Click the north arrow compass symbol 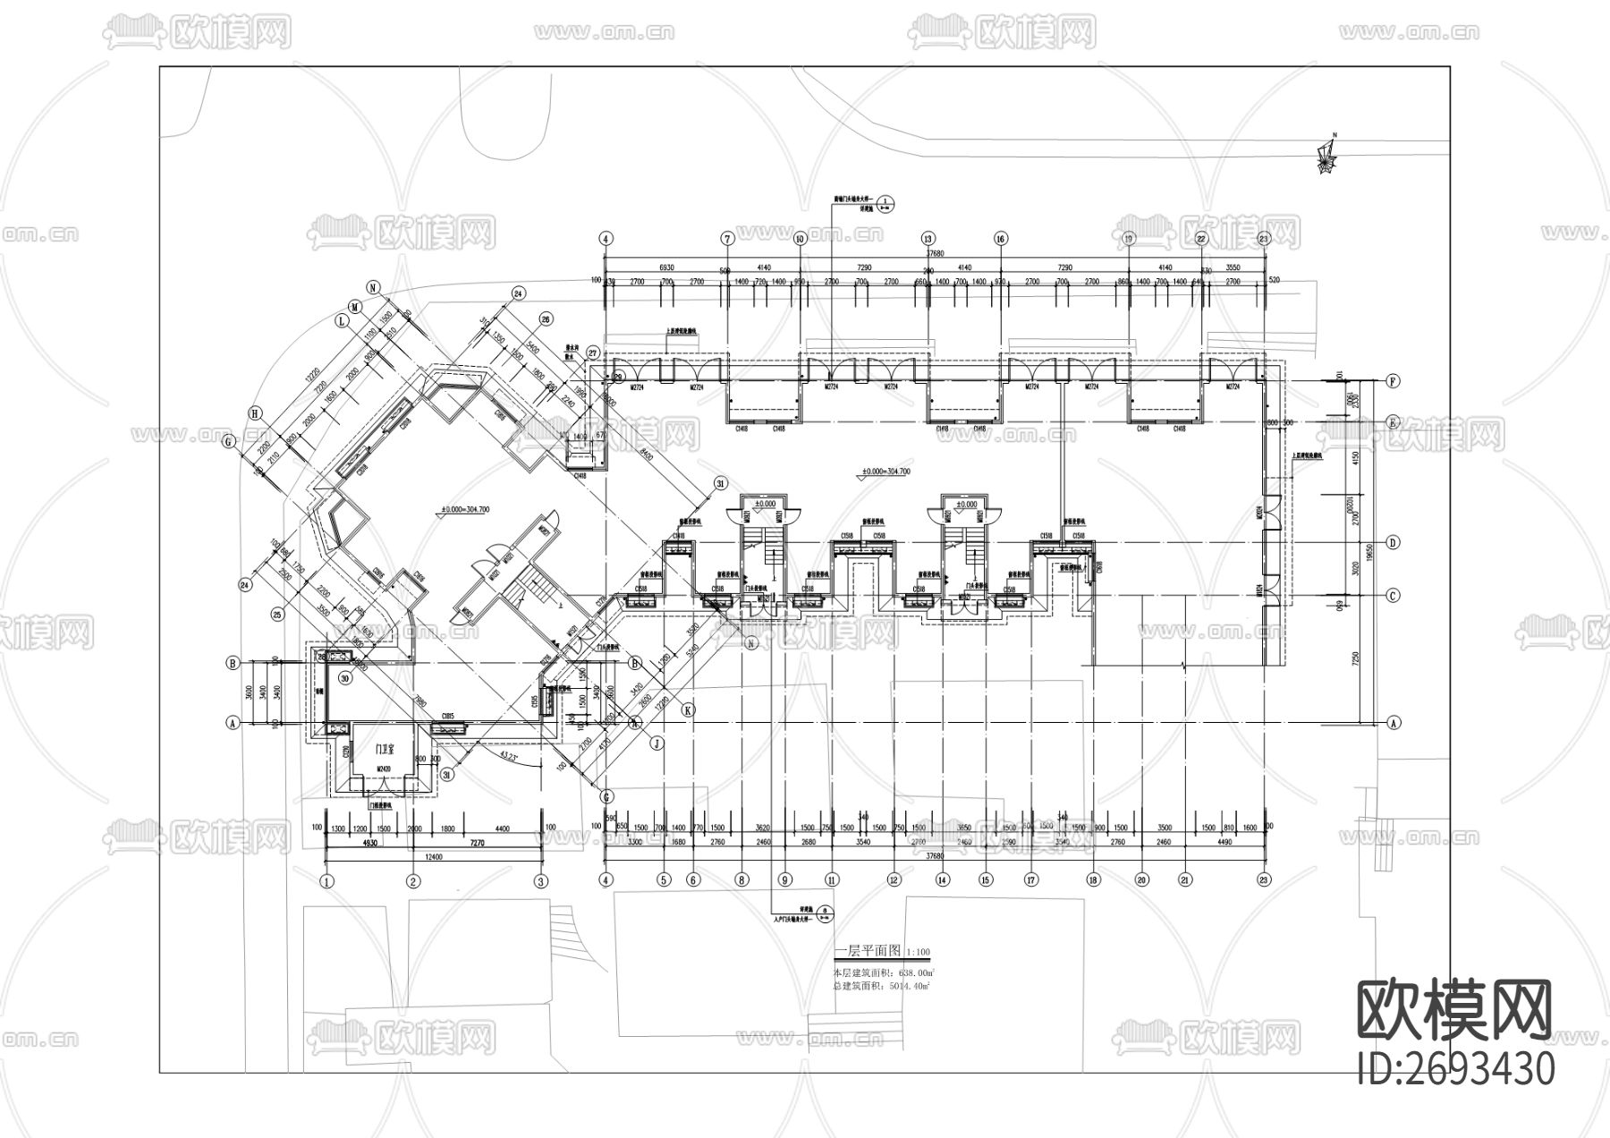pyautogui.click(x=1327, y=159)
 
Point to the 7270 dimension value pyautogui.click(x=477, y=843)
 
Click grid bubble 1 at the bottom pyautogui.click(x=327, y=881)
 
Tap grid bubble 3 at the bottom pyautogui.click(x=540, y=881)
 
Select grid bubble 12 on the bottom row pyautogui.click(x=893, y=879)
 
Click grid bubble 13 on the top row pyautogui.click(x=928, y=239)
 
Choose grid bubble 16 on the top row pyautogui.click(x=1000, y=239)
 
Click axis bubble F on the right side pyautogui.click(x=1393, y=381)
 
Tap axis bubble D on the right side pyautogui.click(x=1393, y=543)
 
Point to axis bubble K pyautogui.click(x=688, y=709)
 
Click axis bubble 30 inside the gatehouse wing pyautogui.click(x=344, y=679)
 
